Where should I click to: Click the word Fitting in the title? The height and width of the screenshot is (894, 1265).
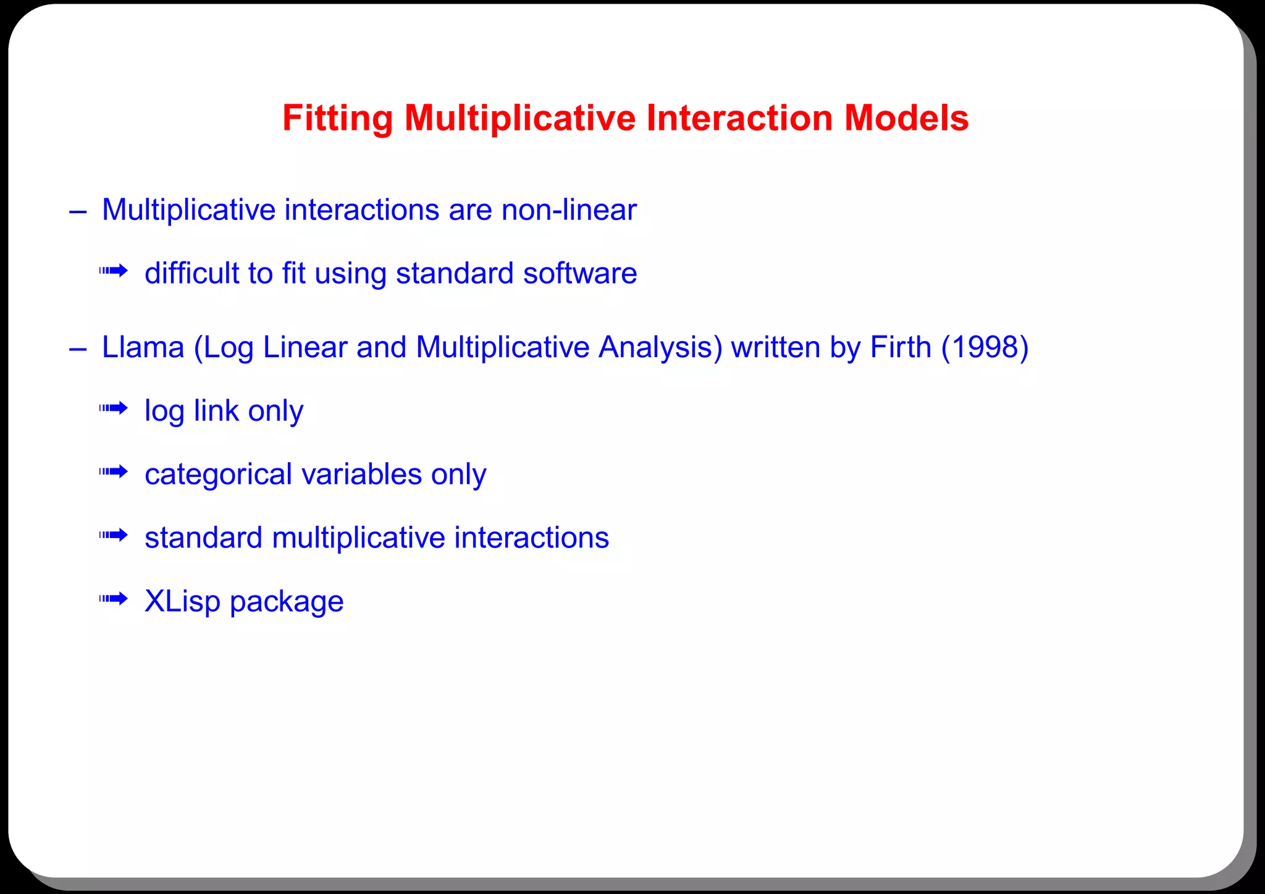click(x=337, y=118)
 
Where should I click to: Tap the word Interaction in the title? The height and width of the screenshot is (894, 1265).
click(x=739, y=118)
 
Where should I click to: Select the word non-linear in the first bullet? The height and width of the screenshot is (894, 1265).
click(x=568, y=210)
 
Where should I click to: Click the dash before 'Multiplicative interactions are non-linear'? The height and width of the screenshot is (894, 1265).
click(x=78, y=212)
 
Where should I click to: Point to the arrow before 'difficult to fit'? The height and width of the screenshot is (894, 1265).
click(x=114, y=271)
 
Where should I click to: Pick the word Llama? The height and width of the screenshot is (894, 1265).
click(x=143, y=347)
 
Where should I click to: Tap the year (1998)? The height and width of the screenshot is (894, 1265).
click(x=985, y=347)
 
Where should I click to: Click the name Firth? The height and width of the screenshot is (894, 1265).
click(x=900, y=347)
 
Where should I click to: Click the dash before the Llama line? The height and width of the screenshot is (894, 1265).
click(x=78, y=349)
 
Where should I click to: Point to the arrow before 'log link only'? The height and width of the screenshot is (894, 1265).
click(x=114, y=408)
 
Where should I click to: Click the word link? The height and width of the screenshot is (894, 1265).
click(x=216, y=411)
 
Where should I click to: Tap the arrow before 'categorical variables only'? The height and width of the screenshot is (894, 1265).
click(x=114, y=472)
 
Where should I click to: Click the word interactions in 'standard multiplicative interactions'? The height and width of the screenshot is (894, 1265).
click(x=531, y=538)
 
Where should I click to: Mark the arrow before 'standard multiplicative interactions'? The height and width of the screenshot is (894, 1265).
click(x=114, y=535)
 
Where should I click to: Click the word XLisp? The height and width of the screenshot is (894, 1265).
click(x=182, y=601)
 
